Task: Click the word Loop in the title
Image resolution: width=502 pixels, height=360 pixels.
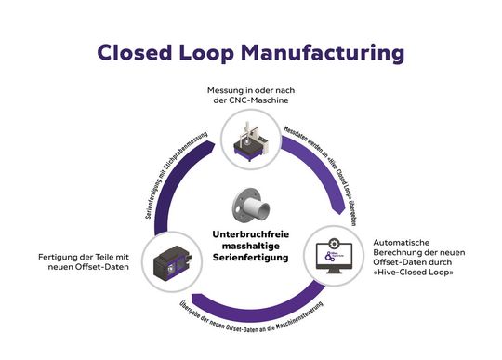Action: (226, 53)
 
